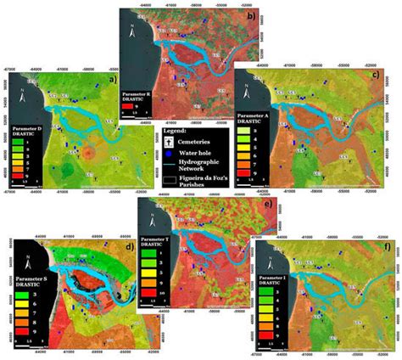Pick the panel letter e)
(x=267, y=206)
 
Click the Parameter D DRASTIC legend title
(x=27, y=131)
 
